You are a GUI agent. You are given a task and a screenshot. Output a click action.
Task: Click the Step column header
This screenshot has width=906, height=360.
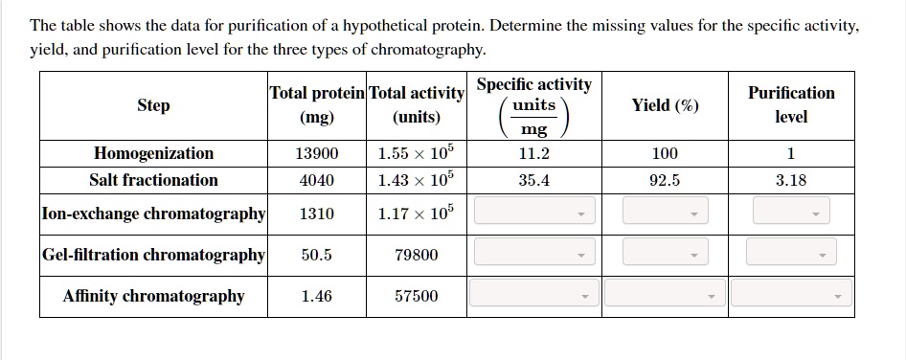(x=153, y=105)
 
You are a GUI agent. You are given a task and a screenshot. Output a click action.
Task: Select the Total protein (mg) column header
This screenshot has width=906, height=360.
(x=317, y=104)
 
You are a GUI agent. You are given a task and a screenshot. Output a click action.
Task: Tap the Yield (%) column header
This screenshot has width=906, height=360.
(x=665, y=105)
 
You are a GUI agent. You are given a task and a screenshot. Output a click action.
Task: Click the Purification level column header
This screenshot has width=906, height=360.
(x=791, y=104)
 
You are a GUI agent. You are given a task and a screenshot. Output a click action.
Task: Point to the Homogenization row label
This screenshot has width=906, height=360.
(x=153, y=153)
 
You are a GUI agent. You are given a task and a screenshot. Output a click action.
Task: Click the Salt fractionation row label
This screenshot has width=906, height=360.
(x=153, y=180)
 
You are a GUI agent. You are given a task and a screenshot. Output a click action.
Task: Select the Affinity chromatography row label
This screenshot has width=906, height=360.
(x=153, y=296)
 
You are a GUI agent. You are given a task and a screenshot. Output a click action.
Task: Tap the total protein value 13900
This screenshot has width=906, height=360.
(x=317, y=153)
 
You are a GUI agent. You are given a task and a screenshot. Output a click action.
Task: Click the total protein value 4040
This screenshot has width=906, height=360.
(x=317, y=180)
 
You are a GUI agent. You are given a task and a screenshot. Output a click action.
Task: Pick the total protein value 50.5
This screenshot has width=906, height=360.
(x=317, y=255)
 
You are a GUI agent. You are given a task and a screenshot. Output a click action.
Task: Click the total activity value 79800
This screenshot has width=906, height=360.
(x=417, y=255)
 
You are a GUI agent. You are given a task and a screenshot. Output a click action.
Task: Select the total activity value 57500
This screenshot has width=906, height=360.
(x=417, y=296)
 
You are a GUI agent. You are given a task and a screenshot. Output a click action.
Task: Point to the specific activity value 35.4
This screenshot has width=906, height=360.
(x=533, y=180)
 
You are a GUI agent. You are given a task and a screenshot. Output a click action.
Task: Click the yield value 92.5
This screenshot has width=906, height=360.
(x=665, y=180)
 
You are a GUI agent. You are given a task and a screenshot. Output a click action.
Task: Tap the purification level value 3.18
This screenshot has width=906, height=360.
(x=791, y=180)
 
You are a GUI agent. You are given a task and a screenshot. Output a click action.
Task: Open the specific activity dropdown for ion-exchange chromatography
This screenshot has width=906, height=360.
(x=534, y=213)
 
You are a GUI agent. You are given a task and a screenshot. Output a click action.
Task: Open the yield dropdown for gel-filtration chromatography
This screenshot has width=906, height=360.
(x=665, y=254)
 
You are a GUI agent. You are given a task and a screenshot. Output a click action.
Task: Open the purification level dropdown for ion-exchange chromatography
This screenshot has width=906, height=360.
(x=791, y=213)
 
